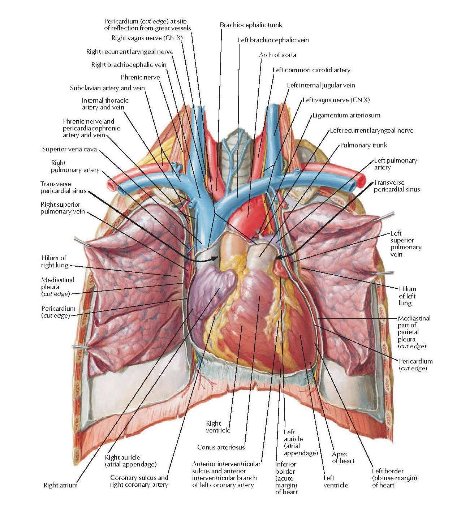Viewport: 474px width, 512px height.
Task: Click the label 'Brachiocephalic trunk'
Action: (x=251, y=25)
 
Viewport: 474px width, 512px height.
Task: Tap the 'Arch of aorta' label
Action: (x=277, y=55)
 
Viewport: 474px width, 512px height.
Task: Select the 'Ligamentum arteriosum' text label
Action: (x=346, y=115)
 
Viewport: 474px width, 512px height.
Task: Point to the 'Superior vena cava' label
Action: (x=69, y=149)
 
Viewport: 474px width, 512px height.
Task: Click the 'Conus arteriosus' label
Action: (x=221, y=447)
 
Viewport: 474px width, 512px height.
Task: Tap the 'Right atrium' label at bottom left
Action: (x=60, y=485)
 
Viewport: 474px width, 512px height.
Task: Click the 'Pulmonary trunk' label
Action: (x=363, y=145)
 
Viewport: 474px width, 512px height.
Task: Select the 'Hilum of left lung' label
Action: (x=407, y=296)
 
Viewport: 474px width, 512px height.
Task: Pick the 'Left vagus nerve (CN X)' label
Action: (x=336, y=100)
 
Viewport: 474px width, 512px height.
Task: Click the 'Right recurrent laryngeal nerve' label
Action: (x=129, y=52)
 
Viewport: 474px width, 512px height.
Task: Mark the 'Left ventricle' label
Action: (x=336, y=482)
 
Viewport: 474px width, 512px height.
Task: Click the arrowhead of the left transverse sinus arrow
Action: (x=278, y=257)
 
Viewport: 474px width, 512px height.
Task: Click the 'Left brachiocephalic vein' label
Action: (x=273, y=40)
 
